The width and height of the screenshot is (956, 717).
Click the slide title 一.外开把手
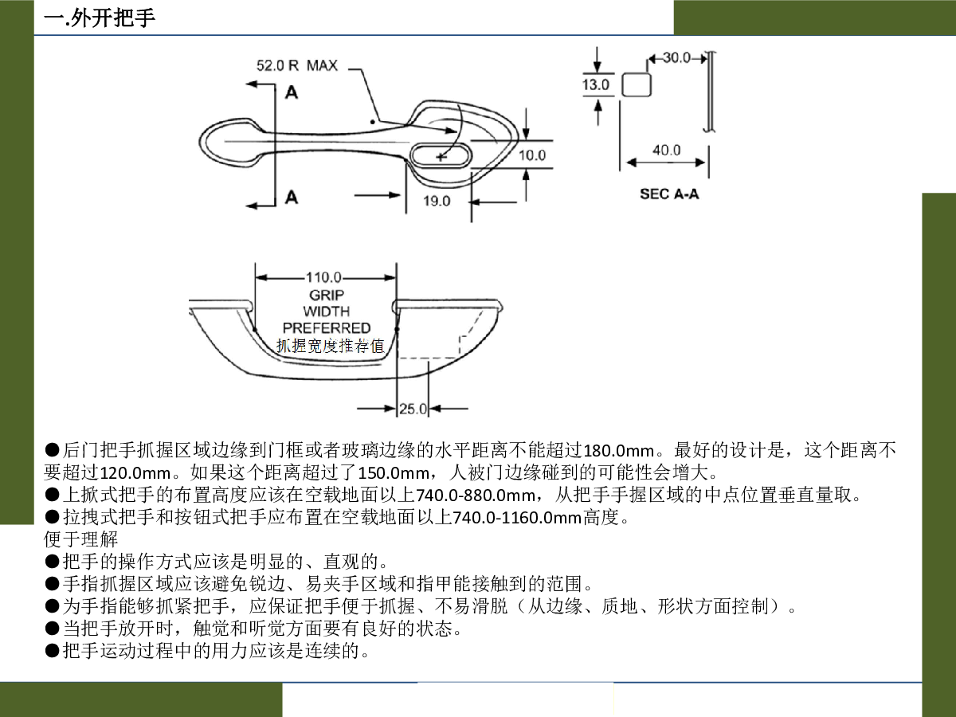100,18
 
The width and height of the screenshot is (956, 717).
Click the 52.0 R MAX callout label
296,66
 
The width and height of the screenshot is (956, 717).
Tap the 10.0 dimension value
532,155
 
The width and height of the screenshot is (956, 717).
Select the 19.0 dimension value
437,201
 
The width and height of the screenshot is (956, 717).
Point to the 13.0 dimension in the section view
596,84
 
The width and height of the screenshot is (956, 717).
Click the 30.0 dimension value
676,57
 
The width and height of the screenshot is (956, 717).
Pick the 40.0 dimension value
666,151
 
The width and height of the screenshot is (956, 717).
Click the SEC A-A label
669,194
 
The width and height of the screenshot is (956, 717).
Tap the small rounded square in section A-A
636,84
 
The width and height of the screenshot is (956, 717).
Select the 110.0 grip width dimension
323,277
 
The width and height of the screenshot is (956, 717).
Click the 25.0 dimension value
413,409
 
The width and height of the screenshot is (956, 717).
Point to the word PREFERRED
326,327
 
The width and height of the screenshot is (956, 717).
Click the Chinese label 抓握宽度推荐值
330,346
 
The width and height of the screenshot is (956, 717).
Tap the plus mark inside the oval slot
441,156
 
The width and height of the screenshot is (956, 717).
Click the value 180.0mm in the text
618,451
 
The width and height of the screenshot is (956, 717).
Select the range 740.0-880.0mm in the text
476,495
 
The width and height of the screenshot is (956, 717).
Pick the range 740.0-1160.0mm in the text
517,518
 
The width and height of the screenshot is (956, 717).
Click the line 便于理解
81,539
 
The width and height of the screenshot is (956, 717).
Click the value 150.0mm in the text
394,472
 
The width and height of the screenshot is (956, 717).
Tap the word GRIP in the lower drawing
326,295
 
